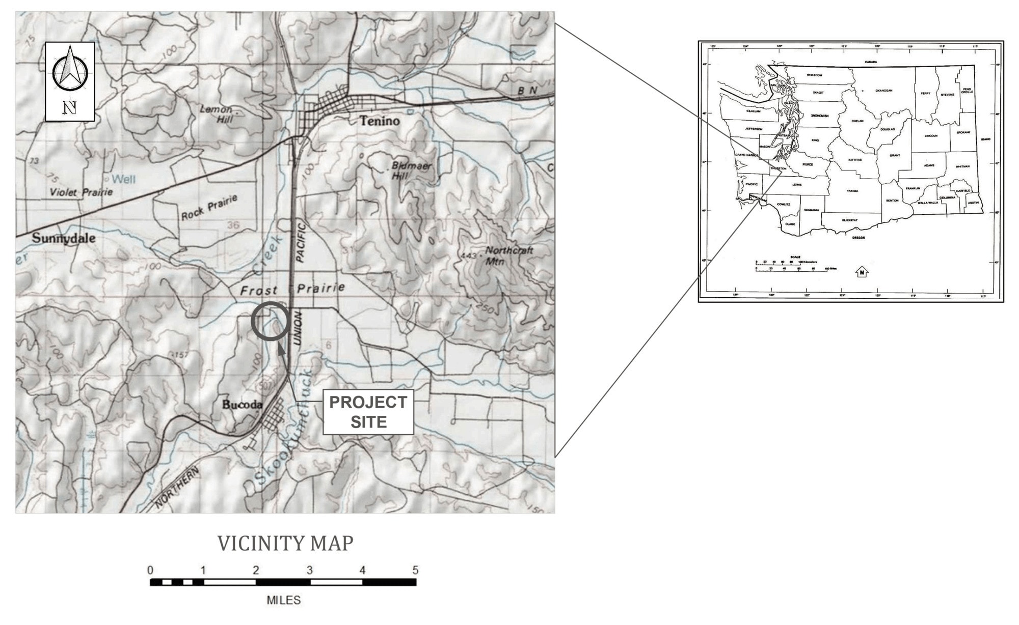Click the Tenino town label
(380, 121)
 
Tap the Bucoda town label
(242, 405)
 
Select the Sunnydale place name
(64, 238)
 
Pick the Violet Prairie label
(82, 192)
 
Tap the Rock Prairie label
(209, 208)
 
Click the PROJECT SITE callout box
(368, 412)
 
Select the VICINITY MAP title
(285, 544)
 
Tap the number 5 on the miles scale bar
(415, 570)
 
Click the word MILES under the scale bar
(284, 601)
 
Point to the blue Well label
(123, 179)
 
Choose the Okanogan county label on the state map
(884, 91)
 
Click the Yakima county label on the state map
(852, 191)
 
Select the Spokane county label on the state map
(963, 132)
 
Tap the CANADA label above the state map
(871, 62)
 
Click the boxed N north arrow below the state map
(862, 272)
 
